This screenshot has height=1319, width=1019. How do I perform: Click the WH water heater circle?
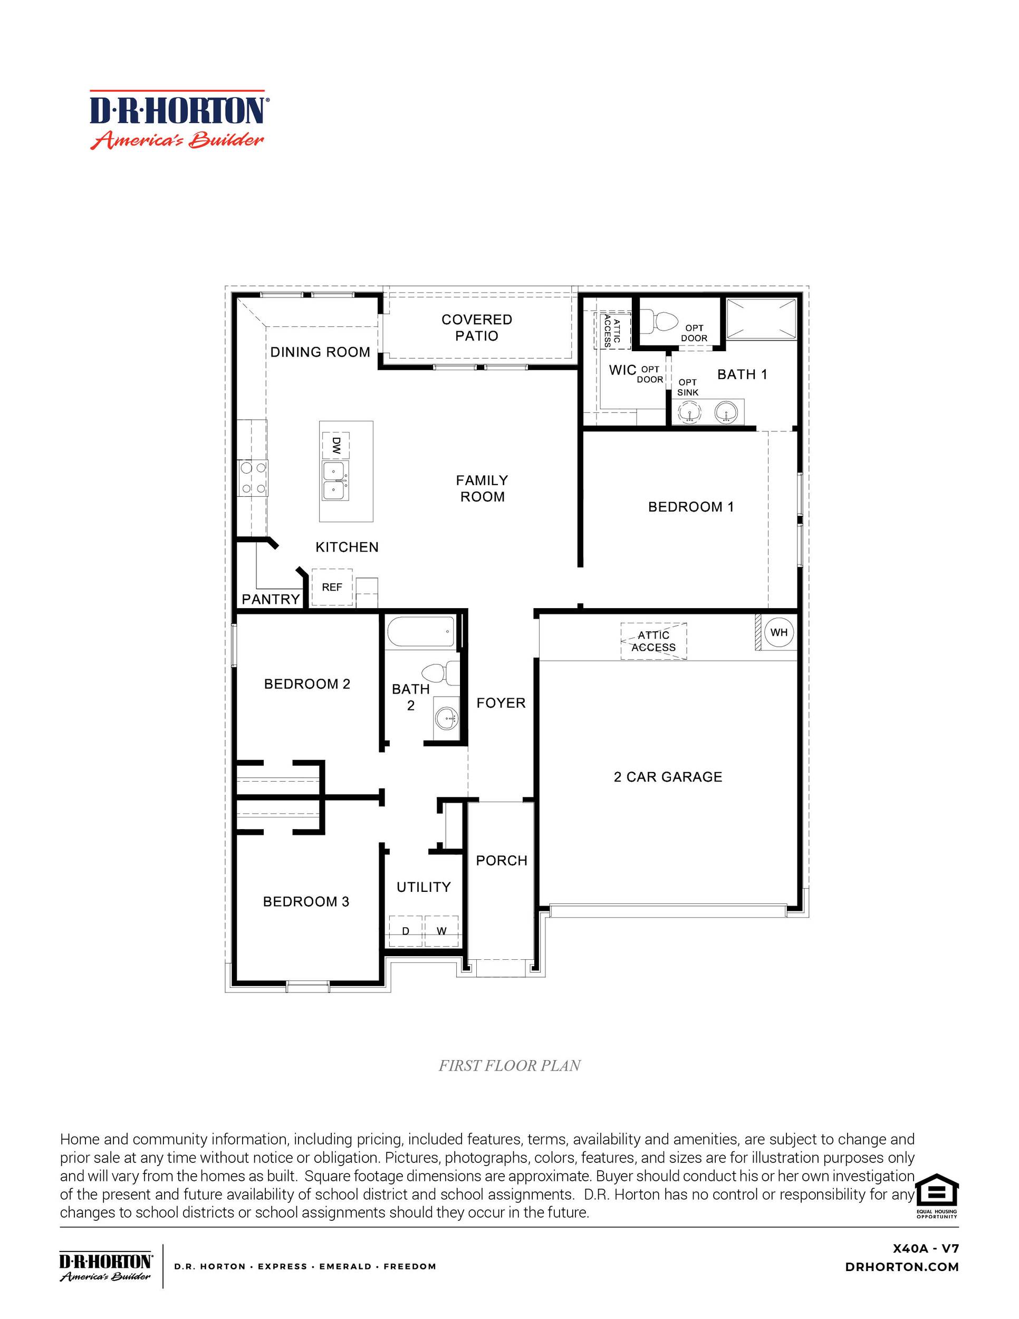(x=778, y=633)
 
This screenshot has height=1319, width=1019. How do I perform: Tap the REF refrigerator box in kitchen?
(x=332, y=587)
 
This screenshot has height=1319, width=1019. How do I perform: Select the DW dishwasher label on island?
(x=336, y=446)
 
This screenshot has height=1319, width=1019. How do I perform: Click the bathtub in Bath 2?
(x=420, y=632)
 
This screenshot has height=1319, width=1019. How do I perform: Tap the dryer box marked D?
(x=405, y=931)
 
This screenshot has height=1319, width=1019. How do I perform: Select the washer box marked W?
(x=441, y=931)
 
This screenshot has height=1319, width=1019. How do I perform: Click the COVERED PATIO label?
(x=477, y=328)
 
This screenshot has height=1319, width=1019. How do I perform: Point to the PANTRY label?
(x=271, y=599)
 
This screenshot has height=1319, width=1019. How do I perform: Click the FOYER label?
(x=501, y=703)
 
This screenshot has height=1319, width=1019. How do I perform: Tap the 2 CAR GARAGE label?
(x=667, y=777)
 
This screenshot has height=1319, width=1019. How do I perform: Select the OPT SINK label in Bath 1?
(x=687, y=387)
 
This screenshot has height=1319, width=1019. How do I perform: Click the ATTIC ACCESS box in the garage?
(x=653, y=641)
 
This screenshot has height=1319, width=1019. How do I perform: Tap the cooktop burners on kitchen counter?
(x=253, y=478)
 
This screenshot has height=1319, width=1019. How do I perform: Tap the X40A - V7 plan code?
(x=925, y=1248)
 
